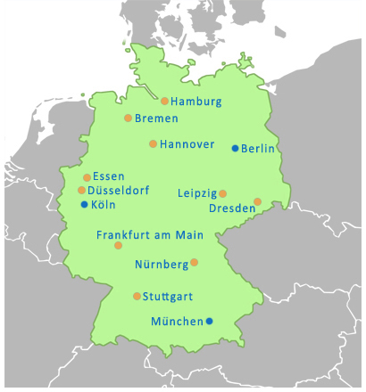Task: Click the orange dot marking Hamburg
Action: [x=165, y=101]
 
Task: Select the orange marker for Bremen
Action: [x=128, y=118]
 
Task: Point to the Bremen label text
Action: [x=156, y=118]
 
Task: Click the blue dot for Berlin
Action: [x=235, y=148]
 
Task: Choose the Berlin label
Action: [x=258, y=149]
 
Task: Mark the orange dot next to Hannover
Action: [x=153, y=143]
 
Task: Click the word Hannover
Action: [x=187, y=144]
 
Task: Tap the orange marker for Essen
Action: [x=87, y=177]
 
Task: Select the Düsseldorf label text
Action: [x=119, y=191]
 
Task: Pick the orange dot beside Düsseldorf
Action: [x=81, y=190]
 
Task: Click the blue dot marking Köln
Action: [x=84, y=204]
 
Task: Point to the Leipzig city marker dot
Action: [x=223, y=193]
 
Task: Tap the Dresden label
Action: [x=231, y=208]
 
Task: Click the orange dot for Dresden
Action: [x=258, y=201]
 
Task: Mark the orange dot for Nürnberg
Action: [x=195, y=262]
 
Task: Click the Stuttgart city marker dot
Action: [x=137, y=296]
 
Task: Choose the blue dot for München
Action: [x=210, y=321]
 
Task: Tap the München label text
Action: [x=178, y=322]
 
